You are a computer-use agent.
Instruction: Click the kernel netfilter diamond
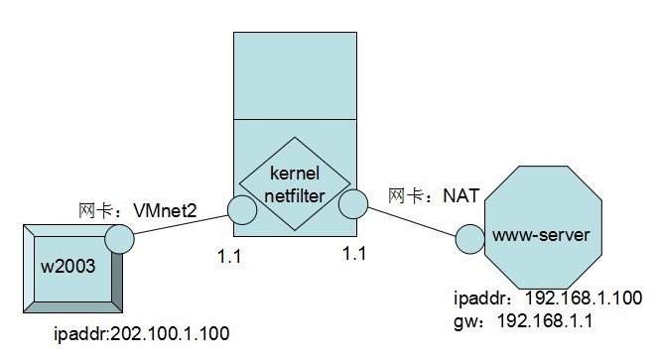pyautogui.click(x=295, y=183)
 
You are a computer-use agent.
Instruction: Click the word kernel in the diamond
pyautogui.click(x=294, y=173)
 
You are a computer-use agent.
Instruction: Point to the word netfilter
pyautogui.click(x=295, y=195)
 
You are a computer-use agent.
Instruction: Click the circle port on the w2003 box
pyautogui.click(x=119, y=238)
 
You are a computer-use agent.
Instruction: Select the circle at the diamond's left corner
pyautogui.click(x=241, y=210)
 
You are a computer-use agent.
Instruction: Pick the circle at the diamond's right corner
pyautogui.click(x=351, y=205)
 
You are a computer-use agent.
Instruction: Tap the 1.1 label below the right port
pyautogui.click(x=353, y=255)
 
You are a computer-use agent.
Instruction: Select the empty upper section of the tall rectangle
pyautogui.click(x=295, y=74)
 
